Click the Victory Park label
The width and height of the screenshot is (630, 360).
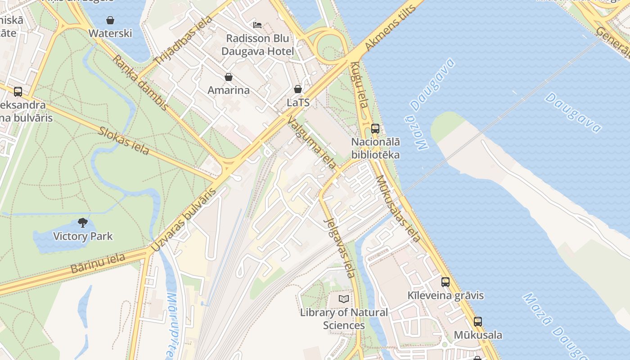tap(83, 236)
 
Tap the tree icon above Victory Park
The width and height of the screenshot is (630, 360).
tap(82, 222)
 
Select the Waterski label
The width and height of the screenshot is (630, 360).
tap(110, 33)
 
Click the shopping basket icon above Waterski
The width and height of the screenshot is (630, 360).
tap(110, 20)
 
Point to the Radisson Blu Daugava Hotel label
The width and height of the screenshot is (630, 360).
tap(257, 45)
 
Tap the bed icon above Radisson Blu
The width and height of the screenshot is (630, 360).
tap(257, 25)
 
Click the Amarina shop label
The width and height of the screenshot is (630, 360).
tap(229, 90)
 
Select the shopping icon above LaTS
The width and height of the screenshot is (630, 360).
tap(297, 89)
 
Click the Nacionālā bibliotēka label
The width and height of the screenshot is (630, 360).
tap(375, 148)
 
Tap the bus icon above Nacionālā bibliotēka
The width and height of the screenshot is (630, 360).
tap(375, 129)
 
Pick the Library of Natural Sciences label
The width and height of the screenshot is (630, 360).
tap(344, 319)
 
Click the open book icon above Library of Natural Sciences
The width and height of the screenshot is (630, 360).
tap(344, 299)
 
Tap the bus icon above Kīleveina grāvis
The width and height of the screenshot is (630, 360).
tap(445, 282)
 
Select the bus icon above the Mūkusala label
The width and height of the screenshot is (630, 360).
tap(477, 322)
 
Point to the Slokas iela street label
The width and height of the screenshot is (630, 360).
tap(124, 141)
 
